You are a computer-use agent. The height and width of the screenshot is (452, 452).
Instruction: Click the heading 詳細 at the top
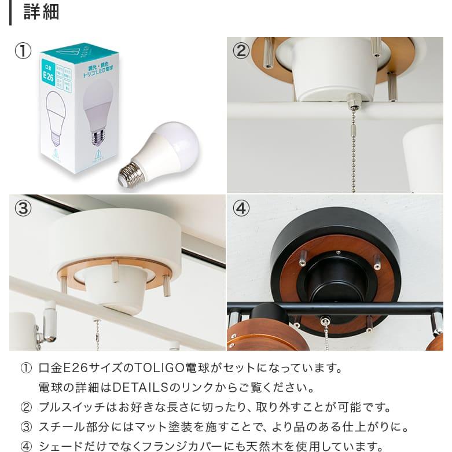tap(41, 12)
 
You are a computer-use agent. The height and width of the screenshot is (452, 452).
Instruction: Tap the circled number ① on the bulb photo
tap(23, 51)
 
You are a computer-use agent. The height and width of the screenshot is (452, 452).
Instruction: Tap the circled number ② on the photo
tap(241, 51)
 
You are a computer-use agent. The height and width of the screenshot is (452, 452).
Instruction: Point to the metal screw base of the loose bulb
tap(131, 173)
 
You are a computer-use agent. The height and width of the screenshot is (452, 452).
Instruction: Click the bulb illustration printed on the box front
tap(56, 118)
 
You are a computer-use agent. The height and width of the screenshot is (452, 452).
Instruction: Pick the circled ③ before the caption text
tap(26, 427)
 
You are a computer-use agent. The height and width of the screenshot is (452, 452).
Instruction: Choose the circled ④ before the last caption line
tap(26, 446)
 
